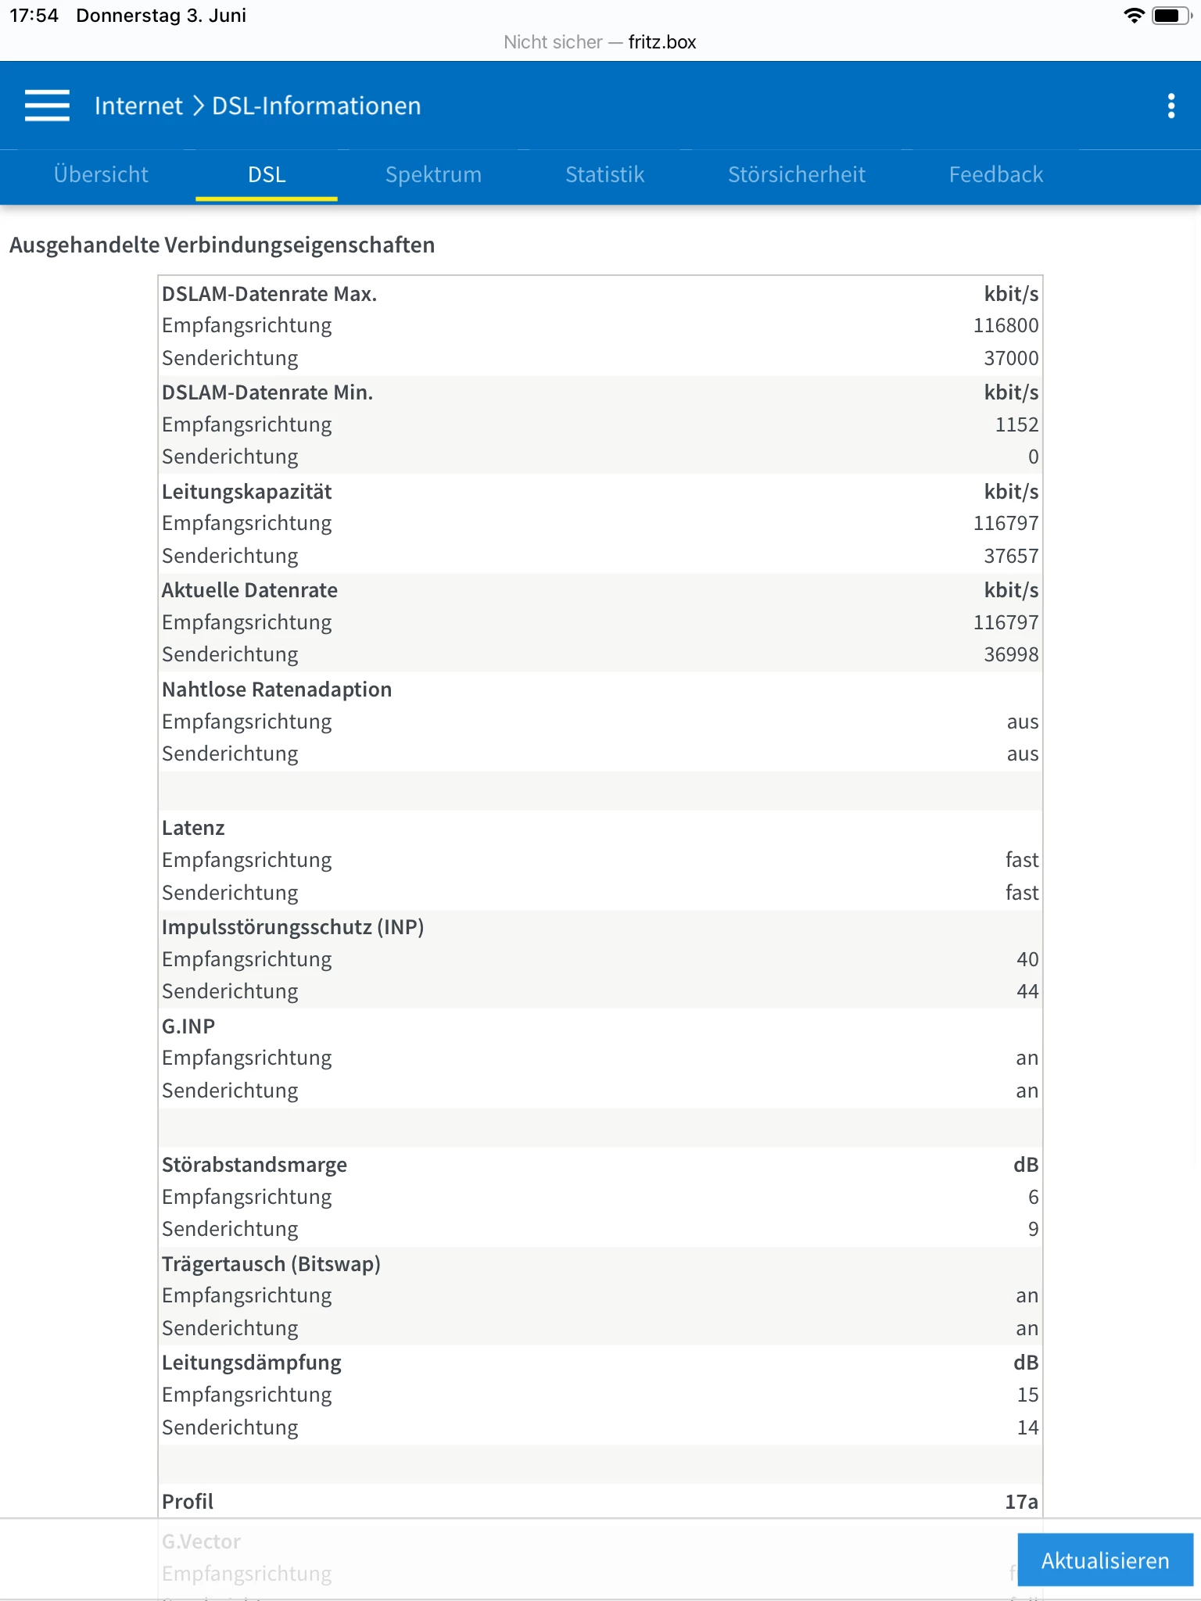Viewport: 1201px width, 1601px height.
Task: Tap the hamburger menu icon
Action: tap(47, 106)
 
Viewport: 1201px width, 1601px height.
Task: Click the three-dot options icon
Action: tap(1171, 106)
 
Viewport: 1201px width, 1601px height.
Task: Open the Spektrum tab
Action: tap(433, 174)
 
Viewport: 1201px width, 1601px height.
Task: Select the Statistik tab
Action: tap(604, 174)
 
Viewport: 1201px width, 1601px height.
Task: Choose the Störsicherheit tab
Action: tap(796, 174)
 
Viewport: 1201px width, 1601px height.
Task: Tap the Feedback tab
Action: tap(995, 174)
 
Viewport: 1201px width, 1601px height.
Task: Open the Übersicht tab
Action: tap(101, 174)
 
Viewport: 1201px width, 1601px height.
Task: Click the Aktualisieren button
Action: tap(1105, 1560)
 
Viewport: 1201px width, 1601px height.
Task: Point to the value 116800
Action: tap(1006, 325)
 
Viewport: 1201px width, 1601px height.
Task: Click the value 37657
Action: tap(1011, 556)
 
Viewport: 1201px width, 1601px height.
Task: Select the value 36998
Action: tap(1011, 654)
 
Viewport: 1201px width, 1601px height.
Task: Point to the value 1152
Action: tap(1016, 424)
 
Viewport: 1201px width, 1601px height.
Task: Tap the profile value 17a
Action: tap(1021, 1501)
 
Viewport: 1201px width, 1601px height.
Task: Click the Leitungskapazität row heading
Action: tap(247, 492)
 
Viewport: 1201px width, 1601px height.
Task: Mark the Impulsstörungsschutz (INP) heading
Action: tap(292, 927)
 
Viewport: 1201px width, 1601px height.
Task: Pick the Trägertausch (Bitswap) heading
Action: tap(271, 1264)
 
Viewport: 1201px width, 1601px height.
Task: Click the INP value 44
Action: tap(1027, 991)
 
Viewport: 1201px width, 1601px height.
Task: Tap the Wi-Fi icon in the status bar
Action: tap(1133, 16)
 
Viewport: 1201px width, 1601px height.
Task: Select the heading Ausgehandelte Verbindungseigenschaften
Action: tap(222, 245)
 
